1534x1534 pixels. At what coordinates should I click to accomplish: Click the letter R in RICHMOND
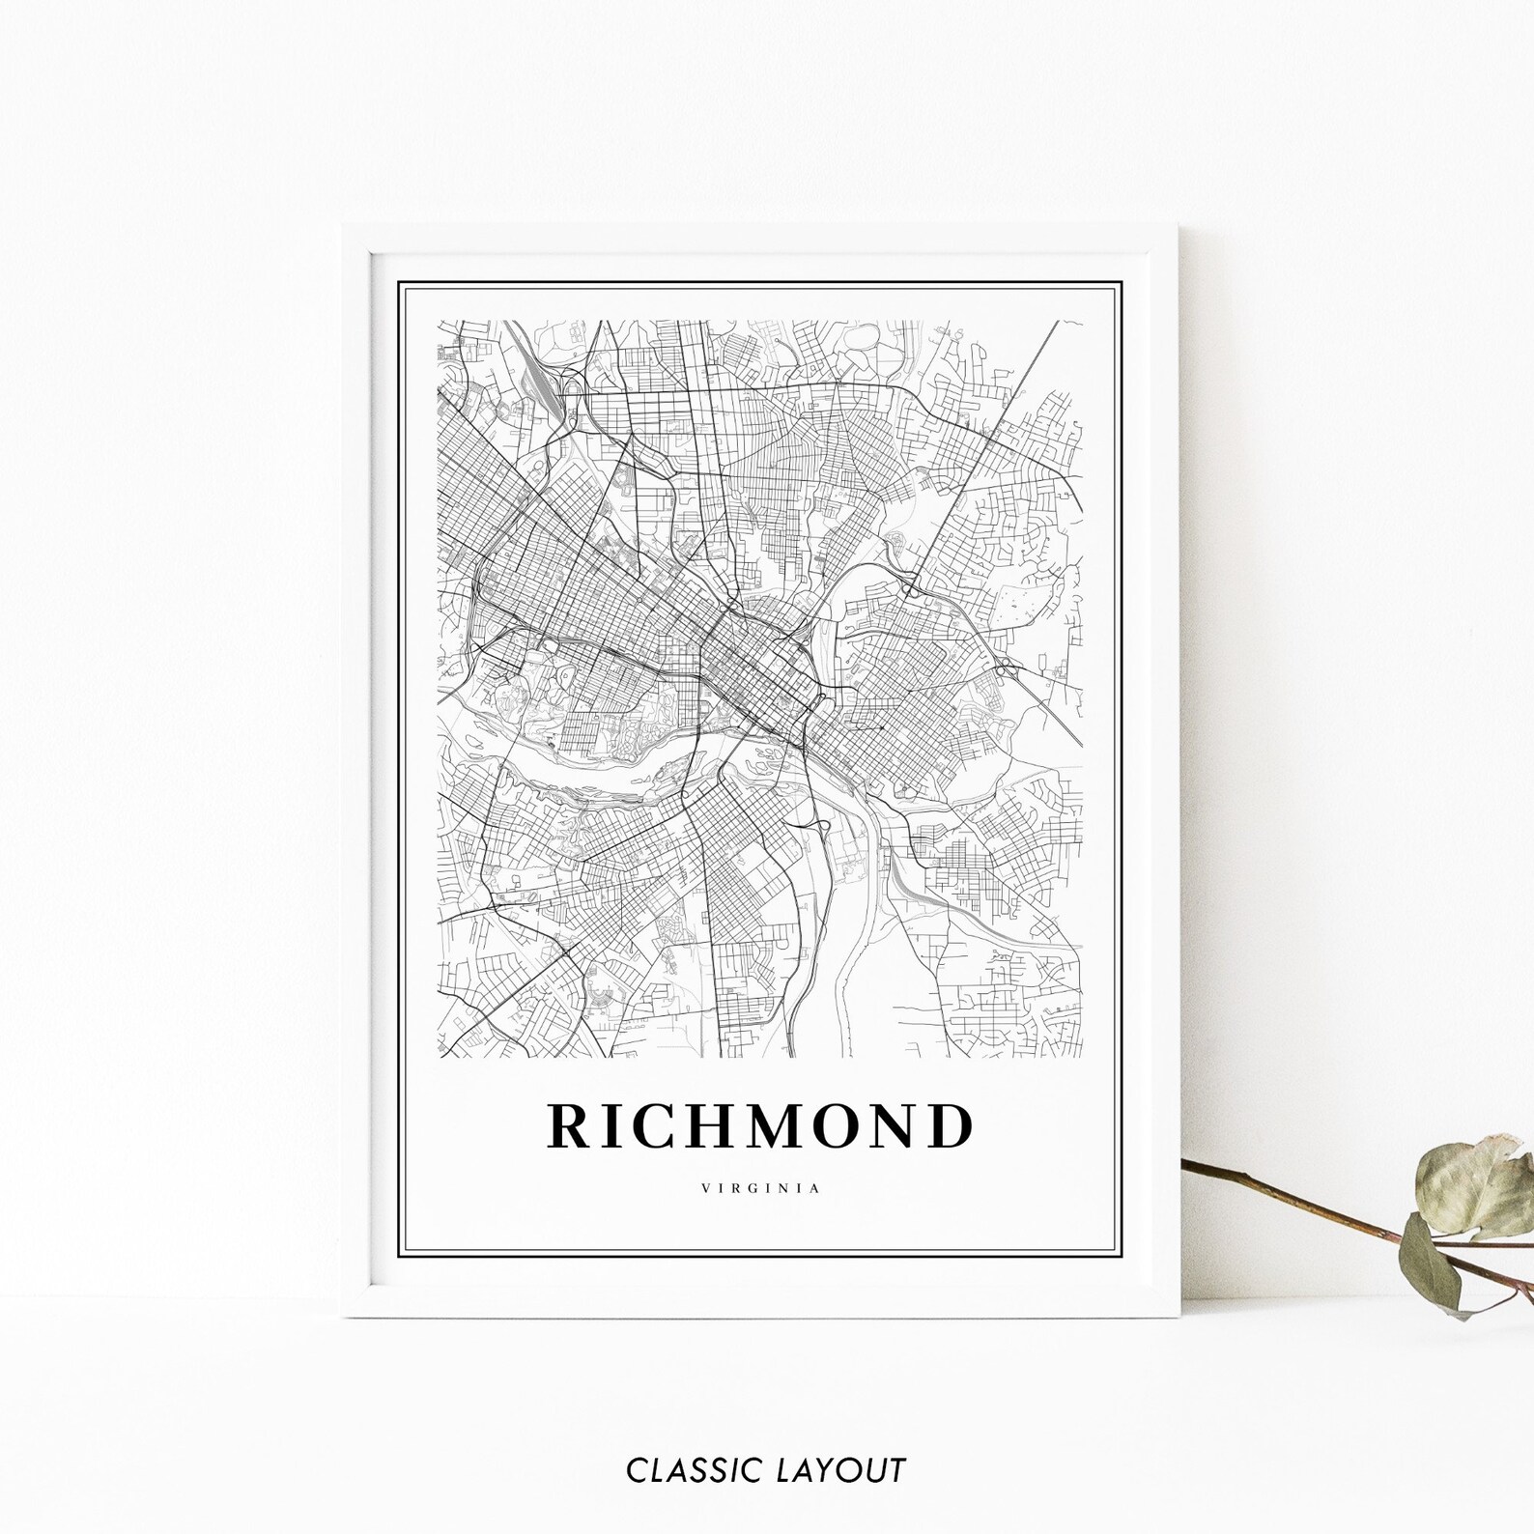point(570,1126)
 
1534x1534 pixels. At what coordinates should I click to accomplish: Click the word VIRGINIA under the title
point(761,1189)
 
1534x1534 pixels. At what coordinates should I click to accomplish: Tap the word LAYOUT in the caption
point(840,1471)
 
